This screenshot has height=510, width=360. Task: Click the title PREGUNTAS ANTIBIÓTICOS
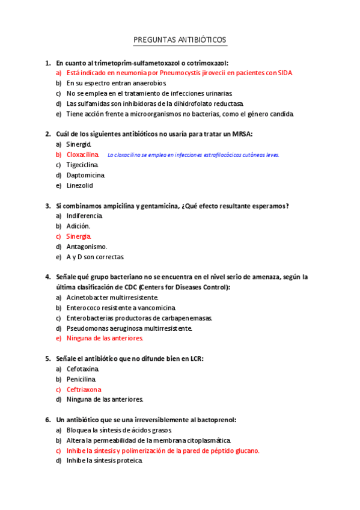[x=180, y=40]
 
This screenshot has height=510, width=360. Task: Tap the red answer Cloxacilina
[x=82, y=155]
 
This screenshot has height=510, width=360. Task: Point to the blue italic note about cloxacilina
[x=193, y=155]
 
